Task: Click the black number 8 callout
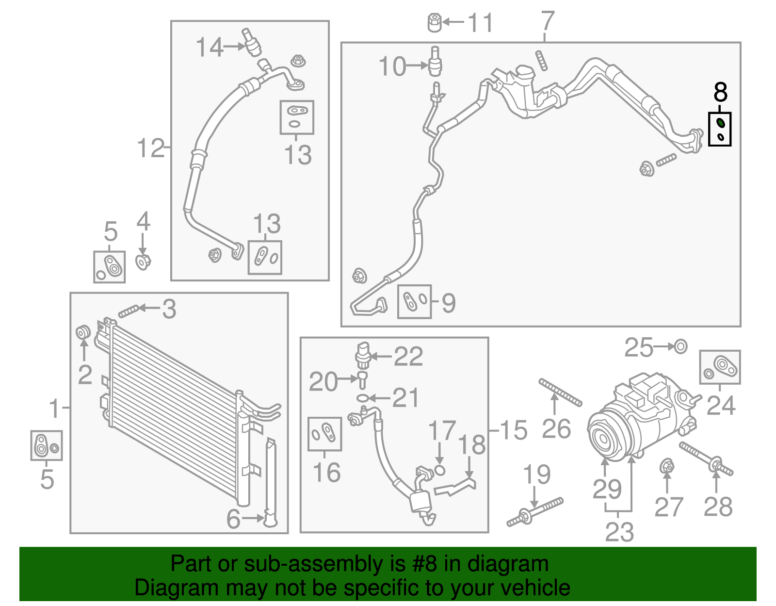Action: (720, 92)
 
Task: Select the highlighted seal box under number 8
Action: (720, 129)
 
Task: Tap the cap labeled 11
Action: (435, 23)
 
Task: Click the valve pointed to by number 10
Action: (435, 62)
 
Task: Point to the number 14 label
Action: (210, 48)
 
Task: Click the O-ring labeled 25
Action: (680, 347)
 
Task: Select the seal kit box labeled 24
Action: (720, 367)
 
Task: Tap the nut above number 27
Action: (666, 467)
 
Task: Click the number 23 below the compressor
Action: (619, 532)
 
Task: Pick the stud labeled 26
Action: (560, 393)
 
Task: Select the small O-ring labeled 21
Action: (362, 398)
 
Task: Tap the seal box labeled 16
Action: (325, 434)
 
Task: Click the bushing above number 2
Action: (83, 332)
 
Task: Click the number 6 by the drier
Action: (233, 519)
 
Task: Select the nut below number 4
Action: (143, 262)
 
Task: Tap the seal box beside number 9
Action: (414, 301)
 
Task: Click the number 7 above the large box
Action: (547, 21)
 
